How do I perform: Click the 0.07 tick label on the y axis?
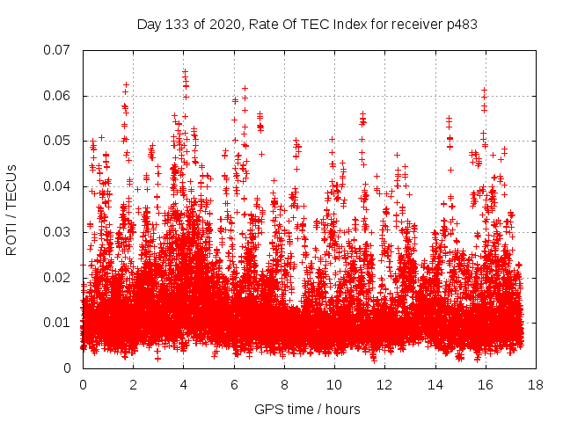pyautogui.click(x=57, y=50)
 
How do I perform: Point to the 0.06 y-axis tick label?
pyautogui.click(x=57, y=95)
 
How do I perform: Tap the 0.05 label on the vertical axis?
pyautogui.click(x=57, y=141)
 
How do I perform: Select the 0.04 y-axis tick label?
pyautogui.click(x=57, y=186)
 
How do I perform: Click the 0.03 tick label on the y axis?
pyautogui.click(x=57, y=232)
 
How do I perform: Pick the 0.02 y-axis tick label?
pyautogui.click(x=57, y=277)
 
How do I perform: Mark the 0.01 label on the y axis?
pyautogui.click(x=57, y=323)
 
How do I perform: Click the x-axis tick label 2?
pyautogui.click(x=133, y=385)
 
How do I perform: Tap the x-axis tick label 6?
pyautogui.click(x=234, y=385)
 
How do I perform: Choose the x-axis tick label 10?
pyautogui.click(x=334, y=385)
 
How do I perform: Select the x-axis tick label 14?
pyautogui.click(x=435, y=385)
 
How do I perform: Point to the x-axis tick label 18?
pyautogui.click(x=536, y=385)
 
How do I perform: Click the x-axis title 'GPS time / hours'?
pyautogui.click(x=307, y=409)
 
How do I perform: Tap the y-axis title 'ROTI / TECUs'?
pyautogui.click(x=11, y=209)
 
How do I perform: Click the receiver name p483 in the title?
pyautogui.click(x=462, y=25)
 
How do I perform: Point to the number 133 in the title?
pyautogui.click(x=178, y=25)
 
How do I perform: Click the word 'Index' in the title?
pyautogui.click(x=335, y=25)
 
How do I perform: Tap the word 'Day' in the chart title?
pyautogui.click(x=150, y=25)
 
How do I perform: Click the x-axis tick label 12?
pyautogui.click(x=384, y=385)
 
